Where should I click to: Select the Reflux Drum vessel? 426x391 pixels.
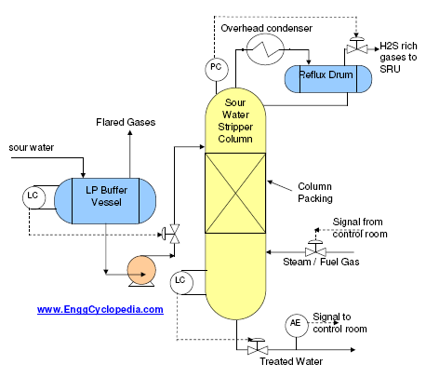point(328,79)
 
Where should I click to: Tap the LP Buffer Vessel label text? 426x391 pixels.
point(107,196)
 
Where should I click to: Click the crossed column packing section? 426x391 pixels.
point(235,193)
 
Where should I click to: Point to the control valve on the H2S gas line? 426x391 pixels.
point(356,47)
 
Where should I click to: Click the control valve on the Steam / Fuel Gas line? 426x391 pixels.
point(315,249)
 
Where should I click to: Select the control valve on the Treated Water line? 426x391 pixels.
point(258,347)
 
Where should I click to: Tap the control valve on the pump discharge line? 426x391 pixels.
point(172,234)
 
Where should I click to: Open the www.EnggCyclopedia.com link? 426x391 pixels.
point(100,309)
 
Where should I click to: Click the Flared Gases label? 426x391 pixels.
point(126,122)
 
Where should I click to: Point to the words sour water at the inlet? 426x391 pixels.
point(32,147)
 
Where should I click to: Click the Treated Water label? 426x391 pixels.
point(291,361)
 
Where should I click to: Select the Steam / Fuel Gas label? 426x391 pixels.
point(321,262)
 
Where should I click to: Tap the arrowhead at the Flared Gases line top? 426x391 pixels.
point(130,132)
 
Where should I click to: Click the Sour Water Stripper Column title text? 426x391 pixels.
point(235,121)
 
